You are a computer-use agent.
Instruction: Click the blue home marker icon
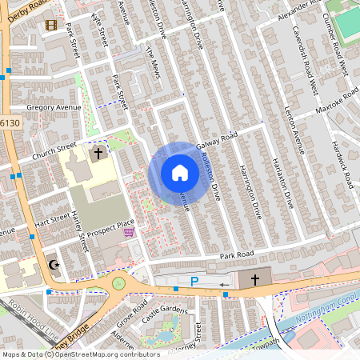click(x=179, y=173)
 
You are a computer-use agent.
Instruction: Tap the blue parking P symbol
click(x=194, y=280)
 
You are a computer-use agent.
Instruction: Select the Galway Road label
click(x=220, y=137)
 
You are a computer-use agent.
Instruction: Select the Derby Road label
click(x=22, y=10)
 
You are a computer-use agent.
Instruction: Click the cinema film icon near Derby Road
click(x=52, y=25)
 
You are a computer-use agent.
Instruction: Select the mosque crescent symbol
click(x=54, y=265)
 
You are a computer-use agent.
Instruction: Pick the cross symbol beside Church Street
click(x=98, y=151)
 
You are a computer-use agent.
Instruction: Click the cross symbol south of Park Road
click(x=255, y=279)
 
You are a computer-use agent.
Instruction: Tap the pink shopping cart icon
click(x=129, y=232)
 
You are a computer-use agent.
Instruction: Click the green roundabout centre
click(x=119, y=282)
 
